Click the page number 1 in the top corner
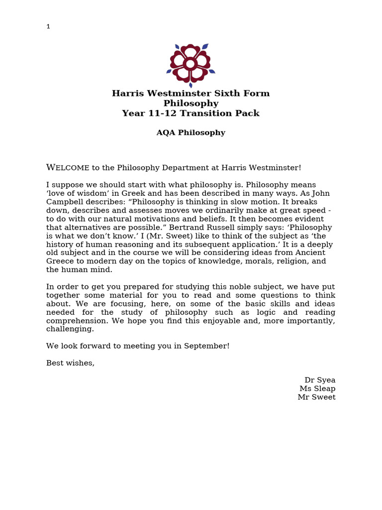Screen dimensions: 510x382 coord(48,27)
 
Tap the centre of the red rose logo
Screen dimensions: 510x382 coord(191,64)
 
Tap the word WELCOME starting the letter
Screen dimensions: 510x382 coord(68,168)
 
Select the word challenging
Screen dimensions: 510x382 coord(70,329)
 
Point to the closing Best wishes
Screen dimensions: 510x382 coord(70,363)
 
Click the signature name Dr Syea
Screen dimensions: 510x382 coord(320,380)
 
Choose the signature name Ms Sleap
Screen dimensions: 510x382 coord(317,388)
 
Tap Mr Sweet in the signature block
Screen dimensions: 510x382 coord(316,397)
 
